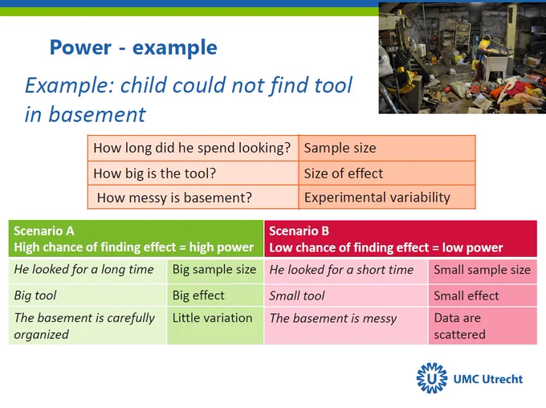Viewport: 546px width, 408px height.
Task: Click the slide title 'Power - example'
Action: (x=133, y=47)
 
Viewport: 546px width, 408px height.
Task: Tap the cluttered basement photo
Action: (x=462, y=58)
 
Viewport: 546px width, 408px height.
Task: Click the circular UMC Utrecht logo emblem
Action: (x=432, y=378)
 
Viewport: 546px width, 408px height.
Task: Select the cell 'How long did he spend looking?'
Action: (x=193, y=148)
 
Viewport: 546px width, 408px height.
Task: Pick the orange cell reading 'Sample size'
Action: (x=387, y=148)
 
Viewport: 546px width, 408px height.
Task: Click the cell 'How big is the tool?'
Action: (x=193, y=173)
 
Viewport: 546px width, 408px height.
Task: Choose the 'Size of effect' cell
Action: (x=387, y=173)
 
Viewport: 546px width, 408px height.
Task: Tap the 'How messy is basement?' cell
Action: (x=193, y=198)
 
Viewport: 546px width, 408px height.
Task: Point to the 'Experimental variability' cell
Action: (x=387, y=198)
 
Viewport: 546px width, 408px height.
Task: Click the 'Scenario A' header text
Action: (x=44, y=231)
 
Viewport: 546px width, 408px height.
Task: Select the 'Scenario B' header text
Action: (x=299, y=231)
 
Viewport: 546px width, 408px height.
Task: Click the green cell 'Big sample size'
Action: (x=215, y=270)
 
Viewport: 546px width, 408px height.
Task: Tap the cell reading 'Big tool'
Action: (x=88, y=296)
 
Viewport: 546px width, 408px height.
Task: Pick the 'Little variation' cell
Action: (x=215, y=326)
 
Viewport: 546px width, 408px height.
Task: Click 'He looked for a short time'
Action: (x=346, y=270)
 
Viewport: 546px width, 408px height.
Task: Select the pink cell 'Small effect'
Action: (x=483, y=296)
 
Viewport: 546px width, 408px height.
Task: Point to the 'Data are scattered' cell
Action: (x=483, y=326)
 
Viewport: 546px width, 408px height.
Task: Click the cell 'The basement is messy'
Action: (x=346, y=326)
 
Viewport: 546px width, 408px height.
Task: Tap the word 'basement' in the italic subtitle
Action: (x=97, y=114)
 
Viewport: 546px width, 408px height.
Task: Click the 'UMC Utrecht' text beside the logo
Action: (x=488, y=379)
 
